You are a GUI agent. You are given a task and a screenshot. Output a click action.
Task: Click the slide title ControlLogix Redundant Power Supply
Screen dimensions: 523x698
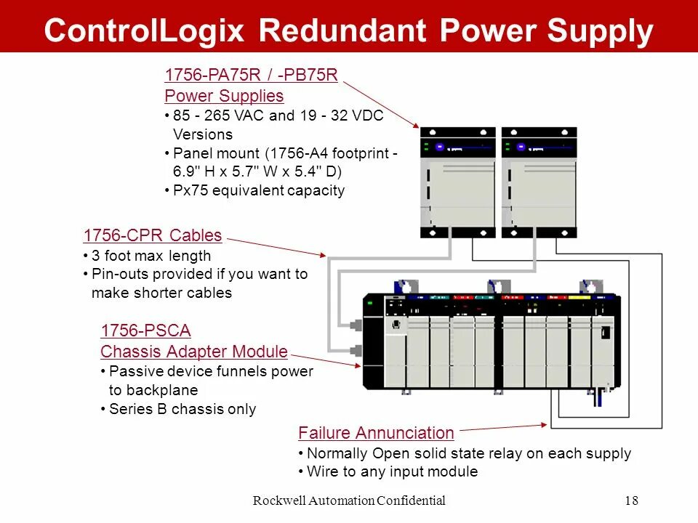(x=348, y=31)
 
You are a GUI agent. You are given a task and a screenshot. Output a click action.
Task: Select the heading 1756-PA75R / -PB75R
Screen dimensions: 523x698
(x=252, y=75)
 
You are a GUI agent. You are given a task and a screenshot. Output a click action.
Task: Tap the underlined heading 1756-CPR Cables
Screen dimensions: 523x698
(x=153, y=235)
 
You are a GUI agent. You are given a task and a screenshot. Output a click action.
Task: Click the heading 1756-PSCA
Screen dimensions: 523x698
(x=145, y=331)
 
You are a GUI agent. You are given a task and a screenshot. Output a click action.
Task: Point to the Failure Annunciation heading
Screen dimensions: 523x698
(x=376, y=433)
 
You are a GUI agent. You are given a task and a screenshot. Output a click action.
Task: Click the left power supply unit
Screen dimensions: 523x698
(x=458, y=182)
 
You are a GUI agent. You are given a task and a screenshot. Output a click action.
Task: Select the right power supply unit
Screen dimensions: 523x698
(x=539, y=182)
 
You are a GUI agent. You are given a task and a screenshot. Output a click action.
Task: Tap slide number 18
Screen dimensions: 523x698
(x=631, y=500)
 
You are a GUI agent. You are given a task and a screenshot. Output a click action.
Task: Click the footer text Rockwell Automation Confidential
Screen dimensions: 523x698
(x=348, y=500)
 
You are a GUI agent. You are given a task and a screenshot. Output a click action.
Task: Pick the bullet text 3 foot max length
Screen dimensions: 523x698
(x=151, y=256)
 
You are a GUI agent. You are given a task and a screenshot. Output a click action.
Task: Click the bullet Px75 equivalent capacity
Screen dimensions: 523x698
(x=259, y=191)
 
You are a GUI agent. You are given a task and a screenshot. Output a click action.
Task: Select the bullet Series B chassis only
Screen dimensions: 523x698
(x=182, y=409)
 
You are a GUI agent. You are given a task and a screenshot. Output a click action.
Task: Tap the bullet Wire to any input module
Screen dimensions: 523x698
(x=393, y=471)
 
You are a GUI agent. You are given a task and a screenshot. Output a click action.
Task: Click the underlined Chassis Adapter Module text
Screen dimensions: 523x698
(x=194, y=352)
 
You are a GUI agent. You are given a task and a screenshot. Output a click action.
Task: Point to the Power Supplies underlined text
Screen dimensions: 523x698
(x=224, y=96)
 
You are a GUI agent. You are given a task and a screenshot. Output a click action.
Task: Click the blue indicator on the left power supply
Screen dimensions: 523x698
(x=439, y=146)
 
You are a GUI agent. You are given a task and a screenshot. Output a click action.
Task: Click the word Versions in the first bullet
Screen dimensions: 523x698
(x=203, y=134)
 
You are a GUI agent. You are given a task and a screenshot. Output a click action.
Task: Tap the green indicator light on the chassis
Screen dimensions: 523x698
(x=369, y=302)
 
